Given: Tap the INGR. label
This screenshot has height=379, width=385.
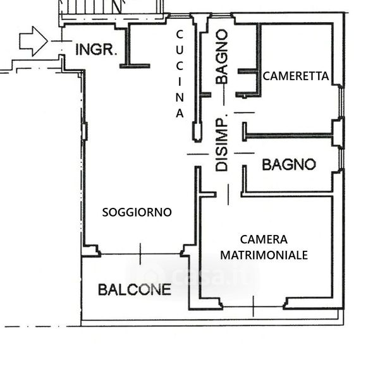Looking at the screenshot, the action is click(x=96, y=49).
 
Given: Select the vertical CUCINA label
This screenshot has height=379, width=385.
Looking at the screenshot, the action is click(x=180, y=74).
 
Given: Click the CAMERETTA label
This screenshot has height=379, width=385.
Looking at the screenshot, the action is click(x=295, y=76).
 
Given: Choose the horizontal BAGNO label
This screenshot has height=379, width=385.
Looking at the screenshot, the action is click(x=289, y=165).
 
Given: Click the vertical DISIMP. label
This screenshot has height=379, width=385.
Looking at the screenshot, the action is click(x=221, y=144).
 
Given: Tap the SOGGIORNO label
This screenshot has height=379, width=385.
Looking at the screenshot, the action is click(x=137, y=212).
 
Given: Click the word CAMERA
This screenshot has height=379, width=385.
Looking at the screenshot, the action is click(x=264, y=239).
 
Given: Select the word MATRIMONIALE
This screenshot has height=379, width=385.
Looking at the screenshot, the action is click(x=264, y=255).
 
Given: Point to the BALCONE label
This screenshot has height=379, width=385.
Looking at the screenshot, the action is click(x=134, y=290).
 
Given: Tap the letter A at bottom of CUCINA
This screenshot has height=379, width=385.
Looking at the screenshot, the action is click(x=180, y=114).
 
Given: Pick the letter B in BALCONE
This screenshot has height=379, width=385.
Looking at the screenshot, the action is click(x=102, y=290).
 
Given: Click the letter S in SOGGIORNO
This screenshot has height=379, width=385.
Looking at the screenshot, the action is click(x=105, y=212).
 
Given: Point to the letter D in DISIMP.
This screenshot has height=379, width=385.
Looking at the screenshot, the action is click(x=221, y=167).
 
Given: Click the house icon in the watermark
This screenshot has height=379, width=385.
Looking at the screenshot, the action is click(x=151, y=276).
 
